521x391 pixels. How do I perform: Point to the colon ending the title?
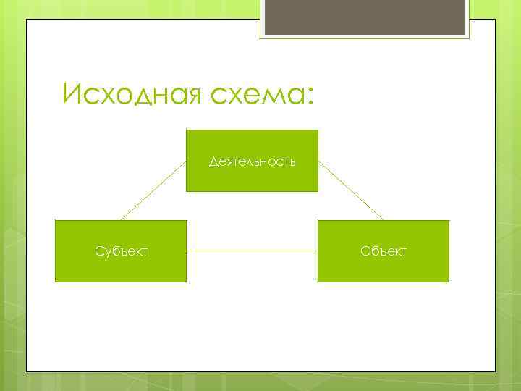tap(311, 96)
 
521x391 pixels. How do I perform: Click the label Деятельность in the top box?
tap(252, 161)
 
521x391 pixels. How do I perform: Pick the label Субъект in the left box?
tap(121, 251)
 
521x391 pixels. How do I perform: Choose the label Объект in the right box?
tap(384, 251)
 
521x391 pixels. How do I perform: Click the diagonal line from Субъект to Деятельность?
tap(153, 190)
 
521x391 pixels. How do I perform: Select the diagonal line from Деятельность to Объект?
tap(351, 190)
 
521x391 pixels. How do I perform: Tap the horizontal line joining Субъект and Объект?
tap(252, 251)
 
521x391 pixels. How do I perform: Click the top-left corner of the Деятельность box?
tap(187, 130)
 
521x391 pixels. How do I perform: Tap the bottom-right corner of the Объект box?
tap(449, 281)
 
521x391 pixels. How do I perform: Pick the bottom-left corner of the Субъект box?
tap(56, 281)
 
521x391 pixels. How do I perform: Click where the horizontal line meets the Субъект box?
tap(187, 251)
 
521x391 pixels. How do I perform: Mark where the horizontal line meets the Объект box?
tap(318, 251)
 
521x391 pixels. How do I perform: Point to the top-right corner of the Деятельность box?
tap(318, 130)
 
